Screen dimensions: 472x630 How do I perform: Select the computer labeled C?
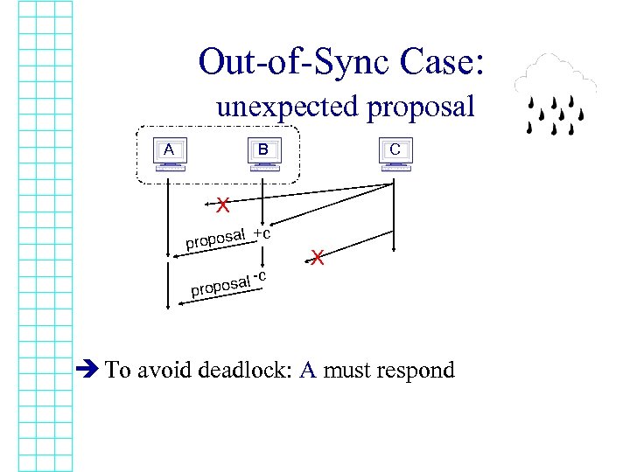(x=395, y=153)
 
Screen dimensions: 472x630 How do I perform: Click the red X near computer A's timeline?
(x=224, y=205)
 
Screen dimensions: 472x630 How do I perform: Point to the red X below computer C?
(x=318, y=258)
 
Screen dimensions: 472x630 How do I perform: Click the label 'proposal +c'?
(x=227, y=237)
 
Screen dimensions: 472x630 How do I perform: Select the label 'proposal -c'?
(x=228, y=283)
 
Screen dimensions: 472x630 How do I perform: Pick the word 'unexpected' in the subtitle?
(x=288, y=108)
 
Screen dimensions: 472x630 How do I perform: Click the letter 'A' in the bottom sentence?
(x=307, y=370)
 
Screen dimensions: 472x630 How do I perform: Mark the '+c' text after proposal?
(x=261, y=233)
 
